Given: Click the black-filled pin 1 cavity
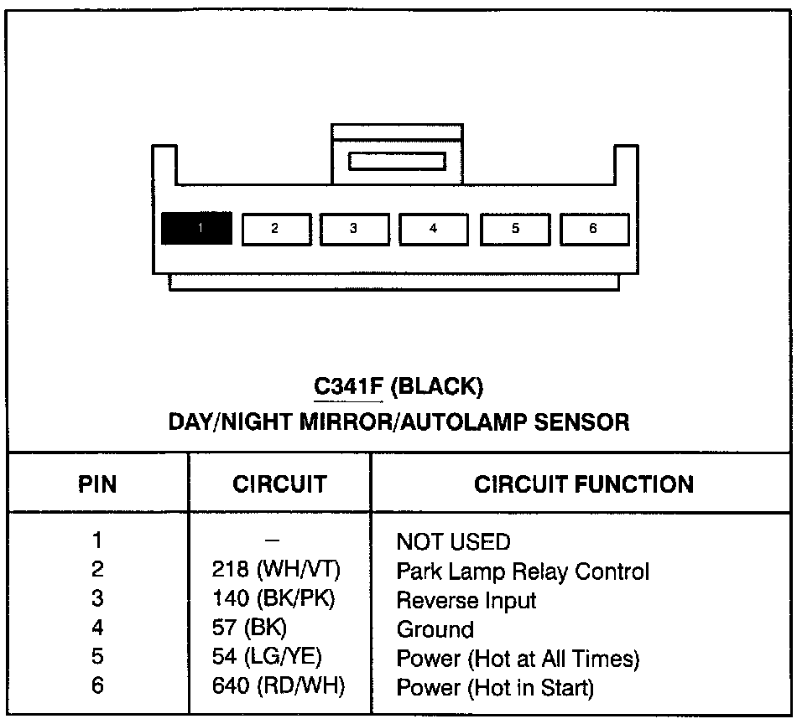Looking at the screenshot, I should [196, 228].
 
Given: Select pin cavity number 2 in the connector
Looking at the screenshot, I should [276, 229].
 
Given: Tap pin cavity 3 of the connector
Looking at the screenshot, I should [354, 229].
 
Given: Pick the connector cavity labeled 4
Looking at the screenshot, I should [433, 229].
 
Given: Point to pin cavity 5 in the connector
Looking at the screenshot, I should [514, 229].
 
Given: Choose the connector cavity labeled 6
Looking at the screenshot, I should [594, 228].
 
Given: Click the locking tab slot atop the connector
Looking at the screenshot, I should [397, 160].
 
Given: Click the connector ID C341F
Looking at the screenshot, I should [348, 387].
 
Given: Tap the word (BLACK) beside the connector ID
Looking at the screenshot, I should [437, 387].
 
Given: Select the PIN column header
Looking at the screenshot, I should [97, 484].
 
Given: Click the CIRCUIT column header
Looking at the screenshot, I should [279, 484].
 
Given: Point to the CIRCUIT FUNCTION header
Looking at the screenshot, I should [584, 484].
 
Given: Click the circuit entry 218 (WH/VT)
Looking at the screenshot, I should [276, 571].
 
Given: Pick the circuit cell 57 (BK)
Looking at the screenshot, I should [251, 628].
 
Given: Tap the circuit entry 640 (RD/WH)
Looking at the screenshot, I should [278, 687].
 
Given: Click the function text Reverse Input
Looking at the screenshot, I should [466, 600].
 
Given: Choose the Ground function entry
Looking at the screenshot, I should [435, 629].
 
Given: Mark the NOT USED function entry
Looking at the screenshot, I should [453, 542].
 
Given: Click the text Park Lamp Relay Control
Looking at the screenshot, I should [523, 571].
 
